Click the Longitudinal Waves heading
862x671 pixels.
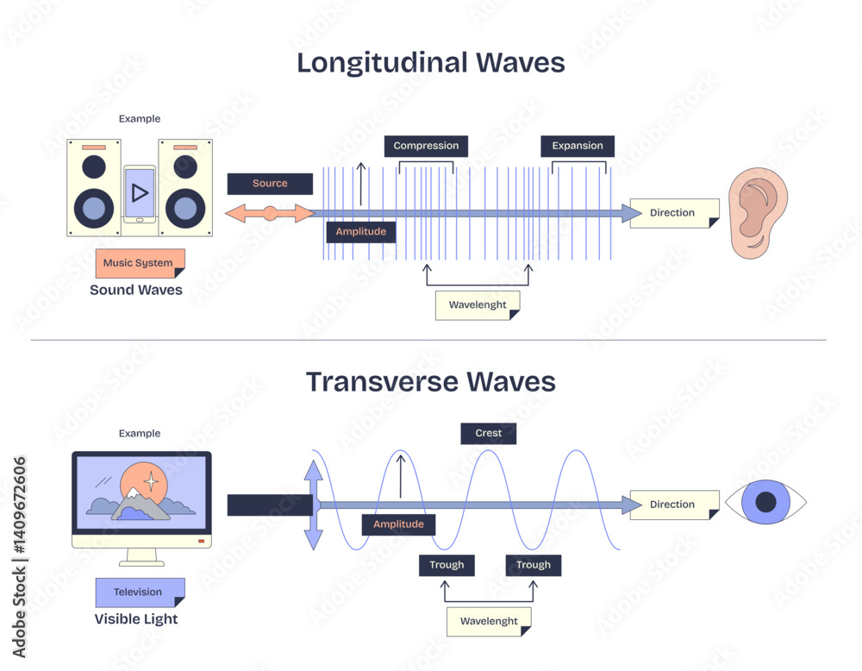431,63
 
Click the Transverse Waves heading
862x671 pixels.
431,381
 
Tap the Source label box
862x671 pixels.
270,184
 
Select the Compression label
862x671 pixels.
426,146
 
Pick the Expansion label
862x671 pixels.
578,146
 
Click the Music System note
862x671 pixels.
138,263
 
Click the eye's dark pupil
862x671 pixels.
766,502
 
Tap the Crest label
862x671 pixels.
488,433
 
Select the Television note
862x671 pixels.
138,592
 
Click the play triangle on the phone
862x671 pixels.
140,192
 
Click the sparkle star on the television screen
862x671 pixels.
151,480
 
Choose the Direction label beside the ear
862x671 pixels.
673,213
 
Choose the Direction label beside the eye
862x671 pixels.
673,505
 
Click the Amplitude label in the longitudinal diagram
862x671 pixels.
361,232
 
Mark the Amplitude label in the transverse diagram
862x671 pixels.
399,524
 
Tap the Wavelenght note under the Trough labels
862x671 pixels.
489,621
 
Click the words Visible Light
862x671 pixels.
136,618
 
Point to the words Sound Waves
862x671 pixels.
136,290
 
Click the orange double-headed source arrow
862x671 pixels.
270,213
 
